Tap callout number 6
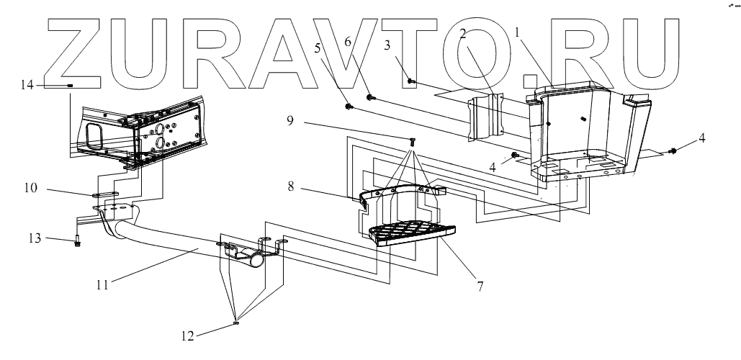click(x=348, y=43)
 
